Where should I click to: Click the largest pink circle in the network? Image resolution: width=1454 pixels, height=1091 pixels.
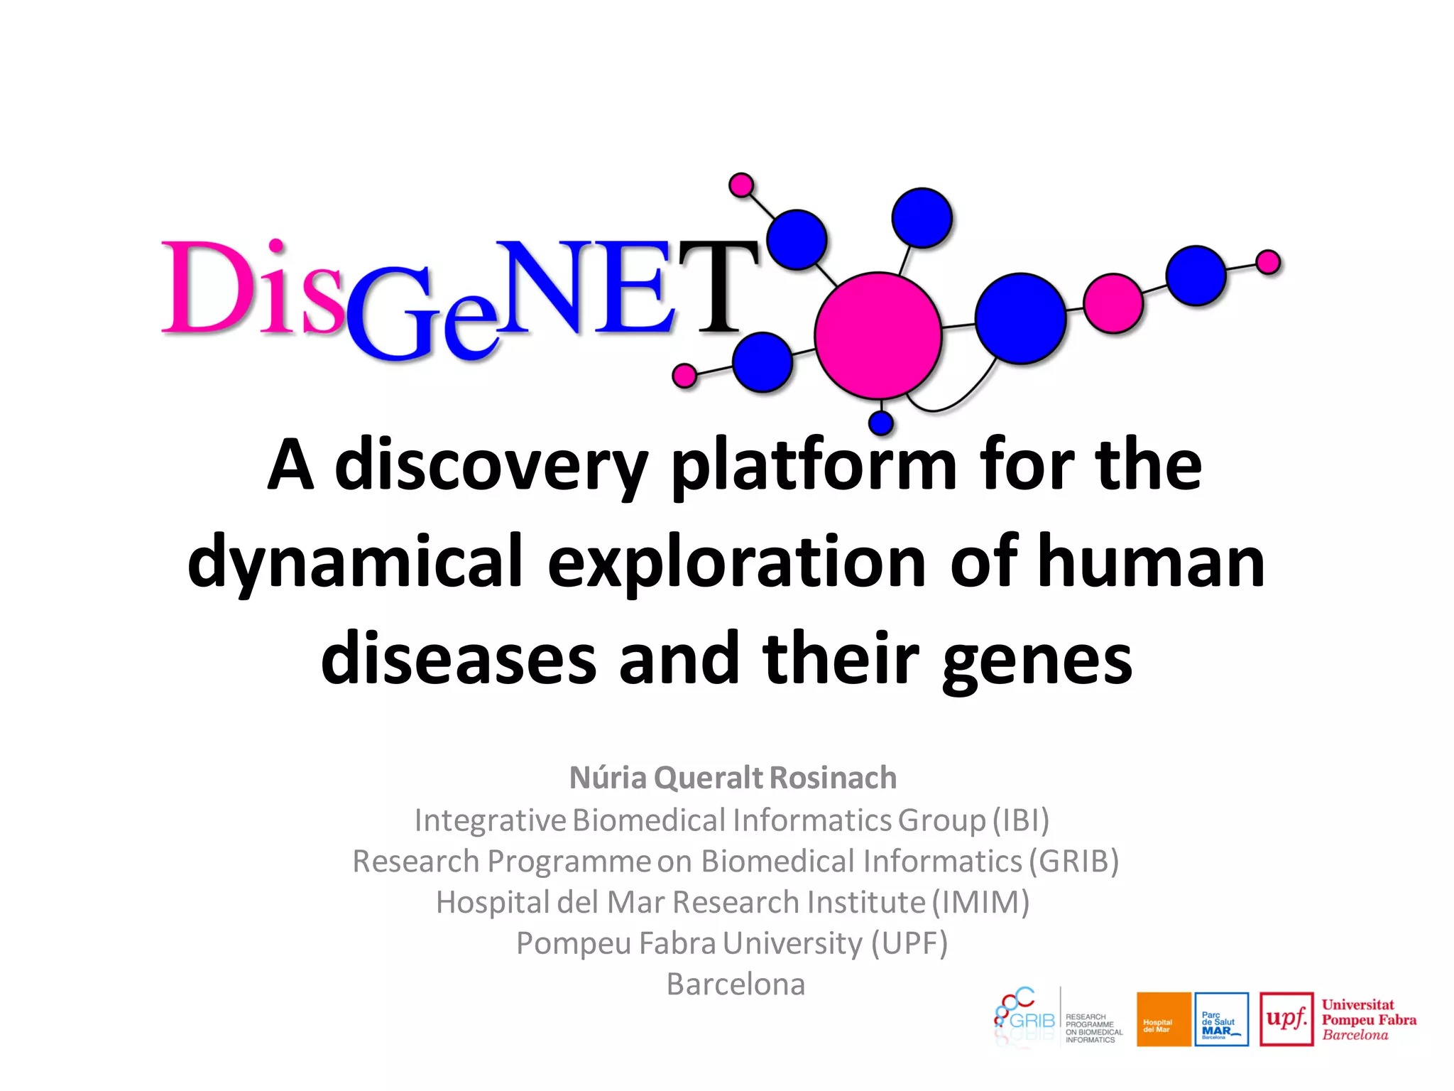point(878,335)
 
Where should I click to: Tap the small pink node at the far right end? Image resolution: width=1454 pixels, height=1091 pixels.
point(1267,262)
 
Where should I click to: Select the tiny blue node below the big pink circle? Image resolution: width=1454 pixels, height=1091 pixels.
point(880,423)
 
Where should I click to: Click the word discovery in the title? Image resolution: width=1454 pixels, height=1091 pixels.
point(490,466)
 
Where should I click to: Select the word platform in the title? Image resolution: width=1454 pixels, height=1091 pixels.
point(814,466)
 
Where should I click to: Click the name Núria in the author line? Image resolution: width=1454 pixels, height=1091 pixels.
point(608,778)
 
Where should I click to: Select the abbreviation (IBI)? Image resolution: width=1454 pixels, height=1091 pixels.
point(1021,820)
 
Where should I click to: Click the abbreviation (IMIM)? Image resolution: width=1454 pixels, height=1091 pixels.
point(980,902)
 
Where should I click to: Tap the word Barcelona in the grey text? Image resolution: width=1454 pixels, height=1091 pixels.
point(736,984)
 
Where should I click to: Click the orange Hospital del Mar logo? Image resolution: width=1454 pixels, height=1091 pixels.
point(1163,1019)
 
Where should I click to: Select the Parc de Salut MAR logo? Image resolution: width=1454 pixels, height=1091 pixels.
point(1221,1019)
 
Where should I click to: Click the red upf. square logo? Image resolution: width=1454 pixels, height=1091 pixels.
point(1286,1019)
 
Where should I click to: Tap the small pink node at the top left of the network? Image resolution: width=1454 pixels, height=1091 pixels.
point(741,185)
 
